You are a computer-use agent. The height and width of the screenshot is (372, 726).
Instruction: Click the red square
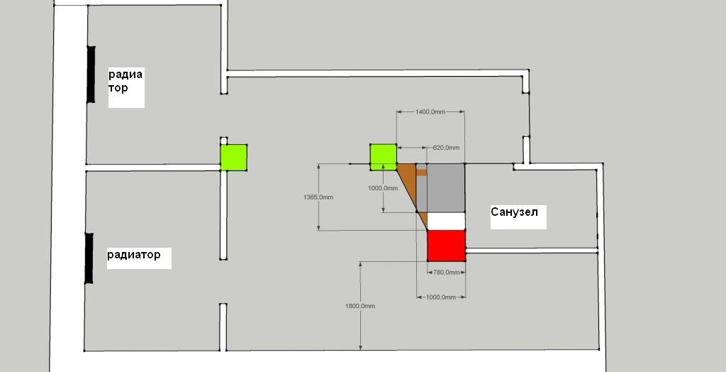(446, 245)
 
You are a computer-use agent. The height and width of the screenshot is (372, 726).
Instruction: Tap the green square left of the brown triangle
(383, 156)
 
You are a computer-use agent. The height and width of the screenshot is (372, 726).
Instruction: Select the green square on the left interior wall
(233, 157)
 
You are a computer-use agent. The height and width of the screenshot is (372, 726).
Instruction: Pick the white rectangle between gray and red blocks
(446, 221)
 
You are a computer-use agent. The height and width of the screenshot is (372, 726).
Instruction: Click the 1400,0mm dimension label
(430, 112)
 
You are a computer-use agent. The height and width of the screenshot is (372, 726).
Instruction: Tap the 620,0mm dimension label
(446, 148)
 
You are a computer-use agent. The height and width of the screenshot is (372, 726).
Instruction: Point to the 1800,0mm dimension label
(360, 305)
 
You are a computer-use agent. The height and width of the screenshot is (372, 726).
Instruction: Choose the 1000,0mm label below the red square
(440, 297)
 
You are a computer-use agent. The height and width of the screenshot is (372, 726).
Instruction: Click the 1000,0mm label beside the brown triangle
(383, 188)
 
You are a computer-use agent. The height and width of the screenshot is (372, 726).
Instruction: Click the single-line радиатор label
(139, 254)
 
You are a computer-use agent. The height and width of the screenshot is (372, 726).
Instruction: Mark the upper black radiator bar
(91, 74)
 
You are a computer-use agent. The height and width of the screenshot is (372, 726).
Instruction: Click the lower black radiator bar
(89, 258)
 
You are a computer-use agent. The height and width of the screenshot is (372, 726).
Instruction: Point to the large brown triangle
(411, 186)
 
